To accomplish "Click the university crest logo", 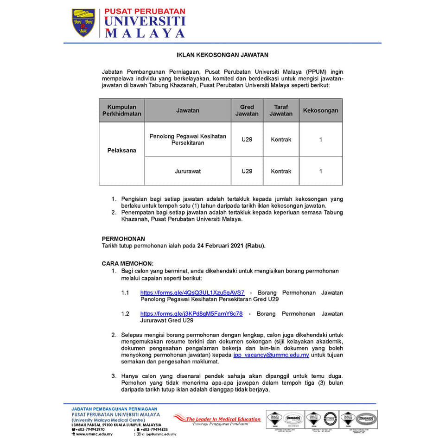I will pyautogui.click(x=83, y=23).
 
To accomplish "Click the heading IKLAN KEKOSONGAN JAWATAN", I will pyautogui.click(x=222, y=55).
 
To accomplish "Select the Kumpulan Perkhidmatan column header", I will pyautogui.click(x=121, y=110).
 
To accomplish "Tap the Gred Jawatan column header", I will pyautogui.click(x=247, y=110).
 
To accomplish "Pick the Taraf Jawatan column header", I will pyautogui.click(x=281, y=110).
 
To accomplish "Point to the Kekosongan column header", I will pyautogui.click(x=320, y=110).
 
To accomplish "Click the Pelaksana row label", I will pyautogui.click(x=121, y=151).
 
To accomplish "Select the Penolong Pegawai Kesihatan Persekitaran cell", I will pyautogui.click(x=188, y=139).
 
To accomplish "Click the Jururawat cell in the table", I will pyautogui.click(x=188, y=171).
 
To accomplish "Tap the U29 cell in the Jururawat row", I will pyautogui.click(x=247, y=171).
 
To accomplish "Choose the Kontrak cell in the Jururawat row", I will pyautogui.click(x=281, y=171).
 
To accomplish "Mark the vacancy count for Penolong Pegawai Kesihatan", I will pyautogui.click(x=320, y=140).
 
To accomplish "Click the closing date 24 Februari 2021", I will pyautogui.click(x=230, y=246).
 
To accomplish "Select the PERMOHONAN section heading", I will pyautogui.click(x=123, y=239).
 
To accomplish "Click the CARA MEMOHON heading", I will pyautogui.click(x=127, y=263).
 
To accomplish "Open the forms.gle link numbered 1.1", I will pyautogui.click(x=192, y=292).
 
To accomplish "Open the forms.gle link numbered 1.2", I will pyautogui.click(x=191, y=313).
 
